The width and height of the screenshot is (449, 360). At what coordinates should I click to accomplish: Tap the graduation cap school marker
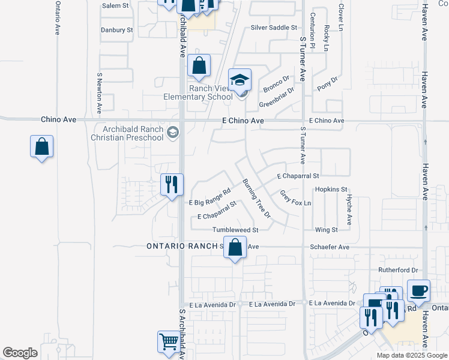coord(240,80)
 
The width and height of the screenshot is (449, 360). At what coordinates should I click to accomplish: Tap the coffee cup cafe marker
coord(419,291)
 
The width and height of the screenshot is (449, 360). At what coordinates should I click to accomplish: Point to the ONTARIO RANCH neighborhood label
coord(182,246)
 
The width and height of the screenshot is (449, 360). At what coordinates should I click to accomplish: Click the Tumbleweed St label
coord(235,230)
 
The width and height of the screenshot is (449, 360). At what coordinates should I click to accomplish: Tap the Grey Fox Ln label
coord(295,197)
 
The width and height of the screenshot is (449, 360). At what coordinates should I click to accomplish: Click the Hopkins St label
coord(331,189)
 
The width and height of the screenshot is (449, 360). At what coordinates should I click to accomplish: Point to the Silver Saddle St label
coord(274,28)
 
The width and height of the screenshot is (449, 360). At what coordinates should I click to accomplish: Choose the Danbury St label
coord(117,29)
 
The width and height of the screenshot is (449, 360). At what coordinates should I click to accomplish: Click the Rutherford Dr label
coord(397,271)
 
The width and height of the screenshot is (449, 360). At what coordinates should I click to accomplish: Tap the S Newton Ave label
coord(99,94)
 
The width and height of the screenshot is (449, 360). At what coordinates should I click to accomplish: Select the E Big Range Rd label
coord(209,197)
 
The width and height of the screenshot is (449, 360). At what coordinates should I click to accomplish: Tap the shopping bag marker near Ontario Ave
coord(42,146)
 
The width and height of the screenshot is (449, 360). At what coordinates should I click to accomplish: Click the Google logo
coord(20,353)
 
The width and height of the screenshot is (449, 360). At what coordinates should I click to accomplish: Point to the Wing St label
coord(327,230)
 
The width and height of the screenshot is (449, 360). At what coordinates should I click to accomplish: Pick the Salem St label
coord(115,5)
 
